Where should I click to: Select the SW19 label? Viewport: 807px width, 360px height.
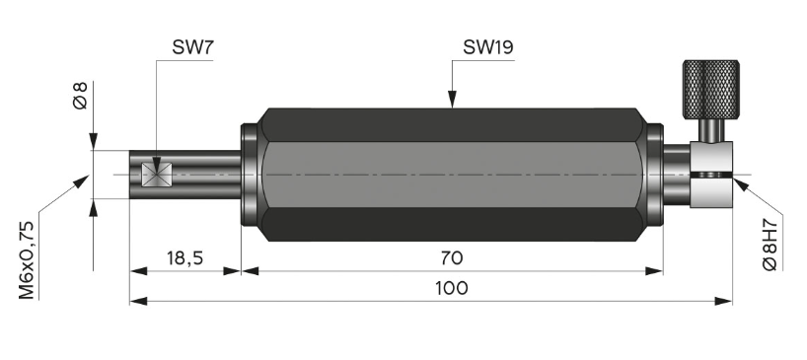point(488,47)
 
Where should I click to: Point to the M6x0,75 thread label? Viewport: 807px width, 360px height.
point(27,259)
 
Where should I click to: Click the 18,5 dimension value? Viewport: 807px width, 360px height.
point(184,258)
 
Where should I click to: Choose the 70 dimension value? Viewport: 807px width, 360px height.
point(452,257)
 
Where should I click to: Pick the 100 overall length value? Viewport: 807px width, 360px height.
point(452,288)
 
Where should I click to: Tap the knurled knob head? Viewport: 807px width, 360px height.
point(710,89)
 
